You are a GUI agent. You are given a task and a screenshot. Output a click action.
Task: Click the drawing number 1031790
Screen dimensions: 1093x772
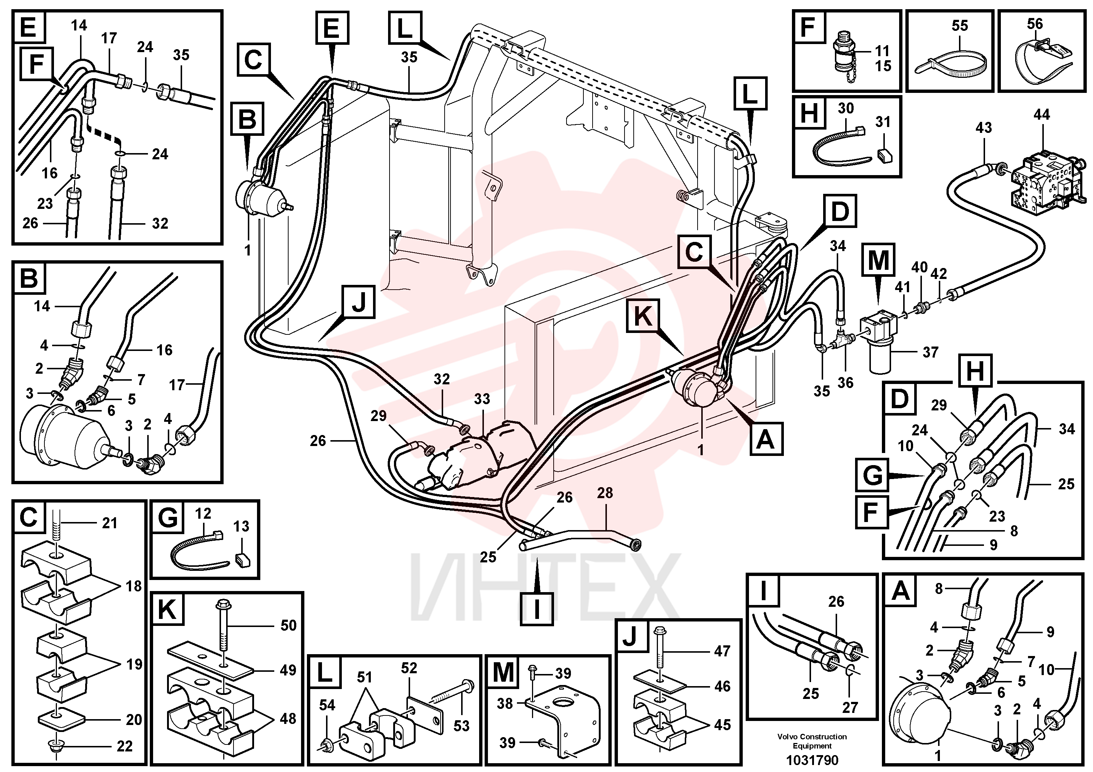coord(812,760)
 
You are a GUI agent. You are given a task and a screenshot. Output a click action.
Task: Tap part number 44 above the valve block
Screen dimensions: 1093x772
coord(1042,115)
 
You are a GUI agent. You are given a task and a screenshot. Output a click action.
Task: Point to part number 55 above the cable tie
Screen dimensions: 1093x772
coord(960,25)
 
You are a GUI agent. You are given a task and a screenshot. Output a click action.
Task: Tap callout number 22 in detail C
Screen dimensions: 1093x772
coord(125,746)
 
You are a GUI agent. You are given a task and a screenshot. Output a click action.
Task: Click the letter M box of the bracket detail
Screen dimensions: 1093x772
coord(504,672)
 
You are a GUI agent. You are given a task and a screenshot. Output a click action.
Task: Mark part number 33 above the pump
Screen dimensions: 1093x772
coord(482,399)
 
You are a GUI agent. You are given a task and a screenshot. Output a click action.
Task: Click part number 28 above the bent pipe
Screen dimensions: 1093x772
coord(605,493)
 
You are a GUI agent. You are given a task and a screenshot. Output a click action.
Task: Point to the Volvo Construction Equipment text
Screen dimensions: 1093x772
coord(812,741)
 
